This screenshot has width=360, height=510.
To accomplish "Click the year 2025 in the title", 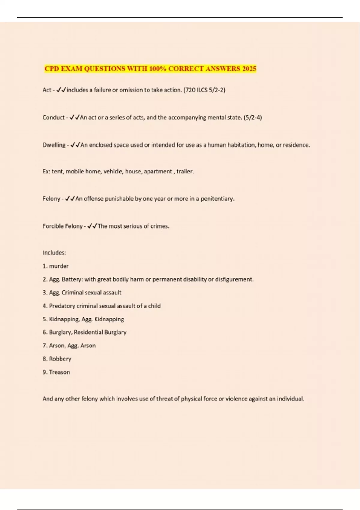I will click(249, 69).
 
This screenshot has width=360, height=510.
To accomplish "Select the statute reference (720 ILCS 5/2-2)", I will click(204, 90).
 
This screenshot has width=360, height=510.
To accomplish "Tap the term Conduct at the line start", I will click(53, 117).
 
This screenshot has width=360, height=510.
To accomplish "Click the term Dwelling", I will click(54, 145).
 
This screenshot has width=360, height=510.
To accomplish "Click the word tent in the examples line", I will click(57, 172).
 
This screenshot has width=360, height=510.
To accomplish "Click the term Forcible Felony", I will click(62, 226).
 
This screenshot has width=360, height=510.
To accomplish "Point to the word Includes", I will click(54, 253).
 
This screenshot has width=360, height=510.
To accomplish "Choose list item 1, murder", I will click(59, 266).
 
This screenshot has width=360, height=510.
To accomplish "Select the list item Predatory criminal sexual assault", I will click(102, 306).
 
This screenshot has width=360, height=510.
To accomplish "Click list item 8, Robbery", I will click(60, 359).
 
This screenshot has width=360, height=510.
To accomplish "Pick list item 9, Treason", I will click(59, 372).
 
